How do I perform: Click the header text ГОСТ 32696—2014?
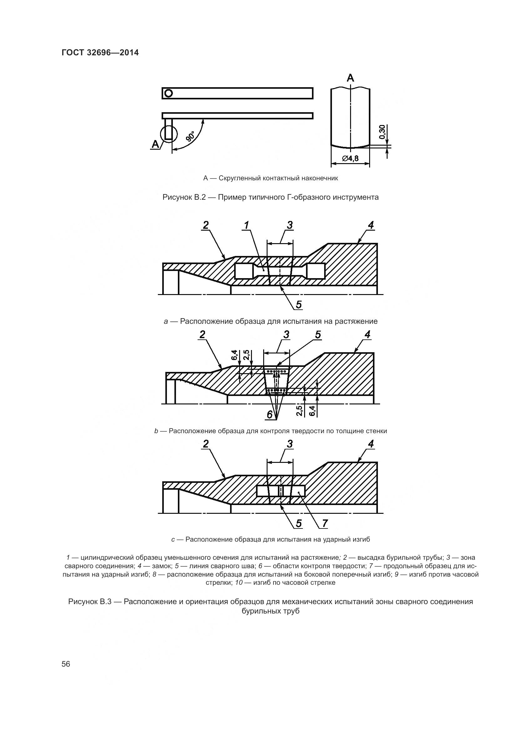pyautogui.click(x=100, y=53)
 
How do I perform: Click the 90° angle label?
pyautogui.click(x=190, y=137)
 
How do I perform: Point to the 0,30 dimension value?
pyautogui.click(x=382, y=132)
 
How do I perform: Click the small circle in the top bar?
pyautogui.click(x=169, y=93)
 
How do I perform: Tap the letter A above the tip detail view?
pyautogui.click(x=350, y=78)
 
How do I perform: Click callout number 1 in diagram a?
pyautogui.click(x=246, y=225)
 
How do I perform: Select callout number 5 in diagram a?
pyautogui.click(x=299, y=305)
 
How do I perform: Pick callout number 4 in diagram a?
pyautogui.click(x=371, y=225)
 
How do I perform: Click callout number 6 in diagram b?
pyautogui.click(x=270, y=414)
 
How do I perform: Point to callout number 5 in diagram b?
pyautogui.click(x=318, y=335)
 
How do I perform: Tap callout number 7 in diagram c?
pyautogui.click(x=325, y=523)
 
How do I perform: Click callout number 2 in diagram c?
pyautogui.click(x=206, y=444)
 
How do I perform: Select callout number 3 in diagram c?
pyautogui.click(x=289, y=444)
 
